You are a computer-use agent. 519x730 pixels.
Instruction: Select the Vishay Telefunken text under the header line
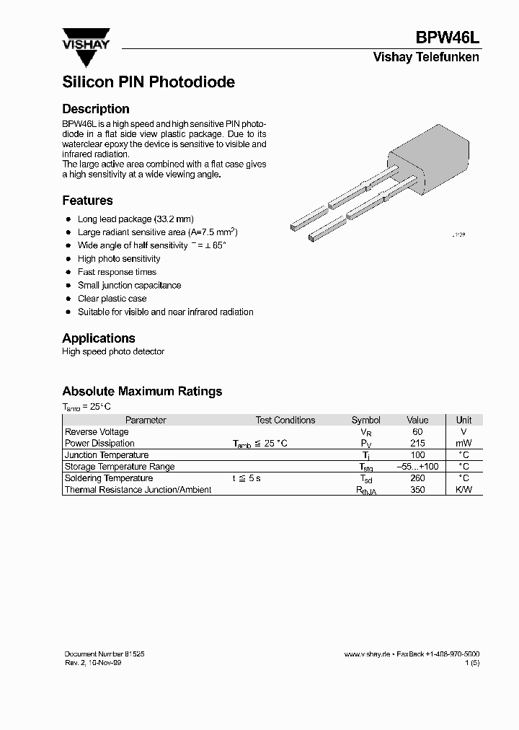pyautogui.click(x=425, y=58)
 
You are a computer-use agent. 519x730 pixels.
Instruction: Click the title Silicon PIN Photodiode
pyautogui.click(x=148, y=82)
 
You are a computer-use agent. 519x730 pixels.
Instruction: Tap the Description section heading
pyautogui.click(x=96, y=109)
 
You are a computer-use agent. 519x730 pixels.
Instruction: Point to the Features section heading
pyautogui.click(x=87, y=201)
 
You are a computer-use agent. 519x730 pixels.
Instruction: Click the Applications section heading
pyautogui.click(x=99, y=338)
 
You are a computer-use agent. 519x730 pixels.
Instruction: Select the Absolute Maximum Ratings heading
pyautogui.click(x=142, y=392)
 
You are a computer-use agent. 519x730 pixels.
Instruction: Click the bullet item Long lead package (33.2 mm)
pyautogui.click(x=136, y=219)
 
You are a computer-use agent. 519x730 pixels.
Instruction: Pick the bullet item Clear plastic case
pyautogui.click(x=112, y=299)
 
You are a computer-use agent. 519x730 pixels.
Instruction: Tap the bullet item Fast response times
pyautogui.click(x=117, y=272)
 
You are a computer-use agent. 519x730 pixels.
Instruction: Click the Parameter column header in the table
pyautogui.click(x=146, y=420)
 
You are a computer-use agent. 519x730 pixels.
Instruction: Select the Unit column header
pyautogui.click(x=464, y=420)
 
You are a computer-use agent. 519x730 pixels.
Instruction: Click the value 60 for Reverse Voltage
pyautogui.click(x=417, y=431)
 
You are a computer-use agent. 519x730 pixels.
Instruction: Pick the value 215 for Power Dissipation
pyautogui.click(x=417, y=443)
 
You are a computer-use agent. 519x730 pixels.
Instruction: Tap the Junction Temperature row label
pyautogui.click(x=107, y=455)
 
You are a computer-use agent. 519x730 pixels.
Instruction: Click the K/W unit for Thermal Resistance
pyautogui.click(x=464, y=490)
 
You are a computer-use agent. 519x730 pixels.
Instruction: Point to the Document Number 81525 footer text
pyautogui.click(x=105, y=653)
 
